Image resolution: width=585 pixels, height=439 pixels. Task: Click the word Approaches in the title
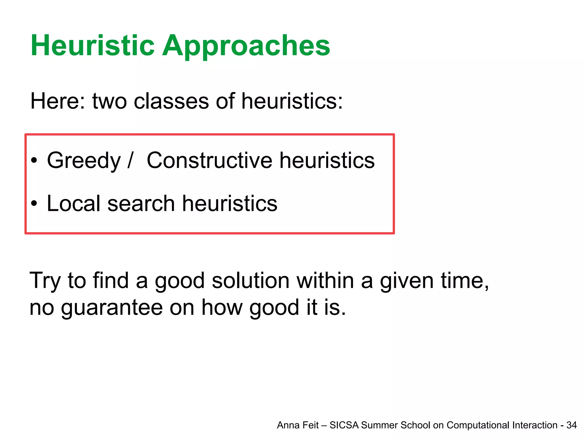246,46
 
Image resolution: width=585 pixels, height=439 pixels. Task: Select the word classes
171,101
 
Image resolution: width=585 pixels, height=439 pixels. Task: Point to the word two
109,101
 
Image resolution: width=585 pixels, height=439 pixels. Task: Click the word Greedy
84,161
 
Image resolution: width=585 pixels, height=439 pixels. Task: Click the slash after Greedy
130,161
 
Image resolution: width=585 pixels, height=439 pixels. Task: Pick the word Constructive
209,161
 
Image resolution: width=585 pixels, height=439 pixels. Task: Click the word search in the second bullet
141,203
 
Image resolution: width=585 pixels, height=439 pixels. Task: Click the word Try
45,281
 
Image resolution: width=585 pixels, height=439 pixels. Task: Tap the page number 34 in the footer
571,425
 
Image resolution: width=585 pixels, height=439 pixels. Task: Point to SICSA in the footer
344,425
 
